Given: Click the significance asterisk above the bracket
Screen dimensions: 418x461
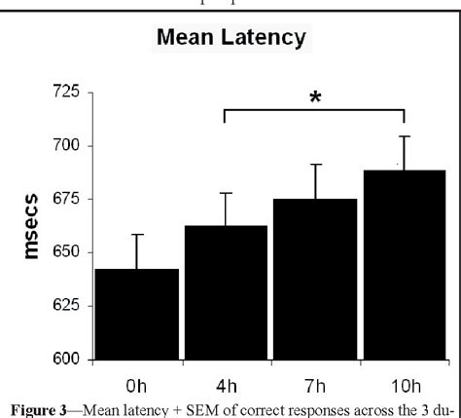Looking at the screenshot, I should tap(314, 100).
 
